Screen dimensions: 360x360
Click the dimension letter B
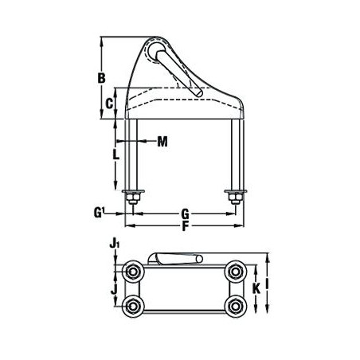pyautogui.click(x=102, y=78)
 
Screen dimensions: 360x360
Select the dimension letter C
pyautogui.click(x=112, y=103)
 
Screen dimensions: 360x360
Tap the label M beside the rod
pyautogui.click(x=162, y=143)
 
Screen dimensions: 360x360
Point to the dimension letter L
pyautogui.click(x=115, y=155)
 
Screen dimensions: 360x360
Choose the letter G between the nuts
pyautogui.click(x=185, y=213)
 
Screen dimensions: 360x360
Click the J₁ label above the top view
pyautogui.click(x=115, y=244)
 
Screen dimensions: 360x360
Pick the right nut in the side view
pyautogui.click(x=235, y=196)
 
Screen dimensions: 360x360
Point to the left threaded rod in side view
pyautogui.click(x=131, y=155)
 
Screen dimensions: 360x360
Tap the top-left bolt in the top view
pyautogui.click(x=132, y=273)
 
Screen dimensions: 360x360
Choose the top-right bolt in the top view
pyautogui.click(x=235, y=273)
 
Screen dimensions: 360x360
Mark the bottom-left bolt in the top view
pyautogui.click(x=132, y=307)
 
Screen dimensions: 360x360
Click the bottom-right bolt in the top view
pyautogui.click(x=235, y=307)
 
